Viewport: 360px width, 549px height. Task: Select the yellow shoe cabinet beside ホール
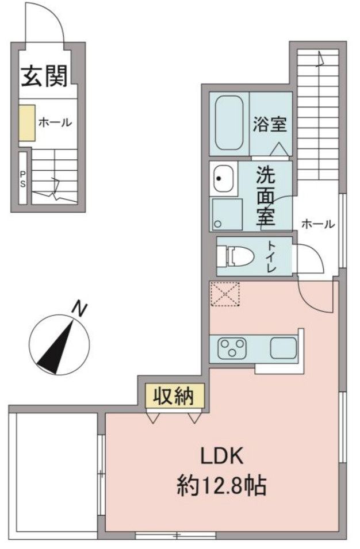tap(26, 122)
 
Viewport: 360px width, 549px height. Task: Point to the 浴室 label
tap(269, 124)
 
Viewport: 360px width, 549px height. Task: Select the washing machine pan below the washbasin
tap(228, 214)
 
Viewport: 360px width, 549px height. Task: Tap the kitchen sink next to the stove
tap(282, 347)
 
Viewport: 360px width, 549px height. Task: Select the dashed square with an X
tap(224, 294)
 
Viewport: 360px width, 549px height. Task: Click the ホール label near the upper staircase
tap(317, 225)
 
